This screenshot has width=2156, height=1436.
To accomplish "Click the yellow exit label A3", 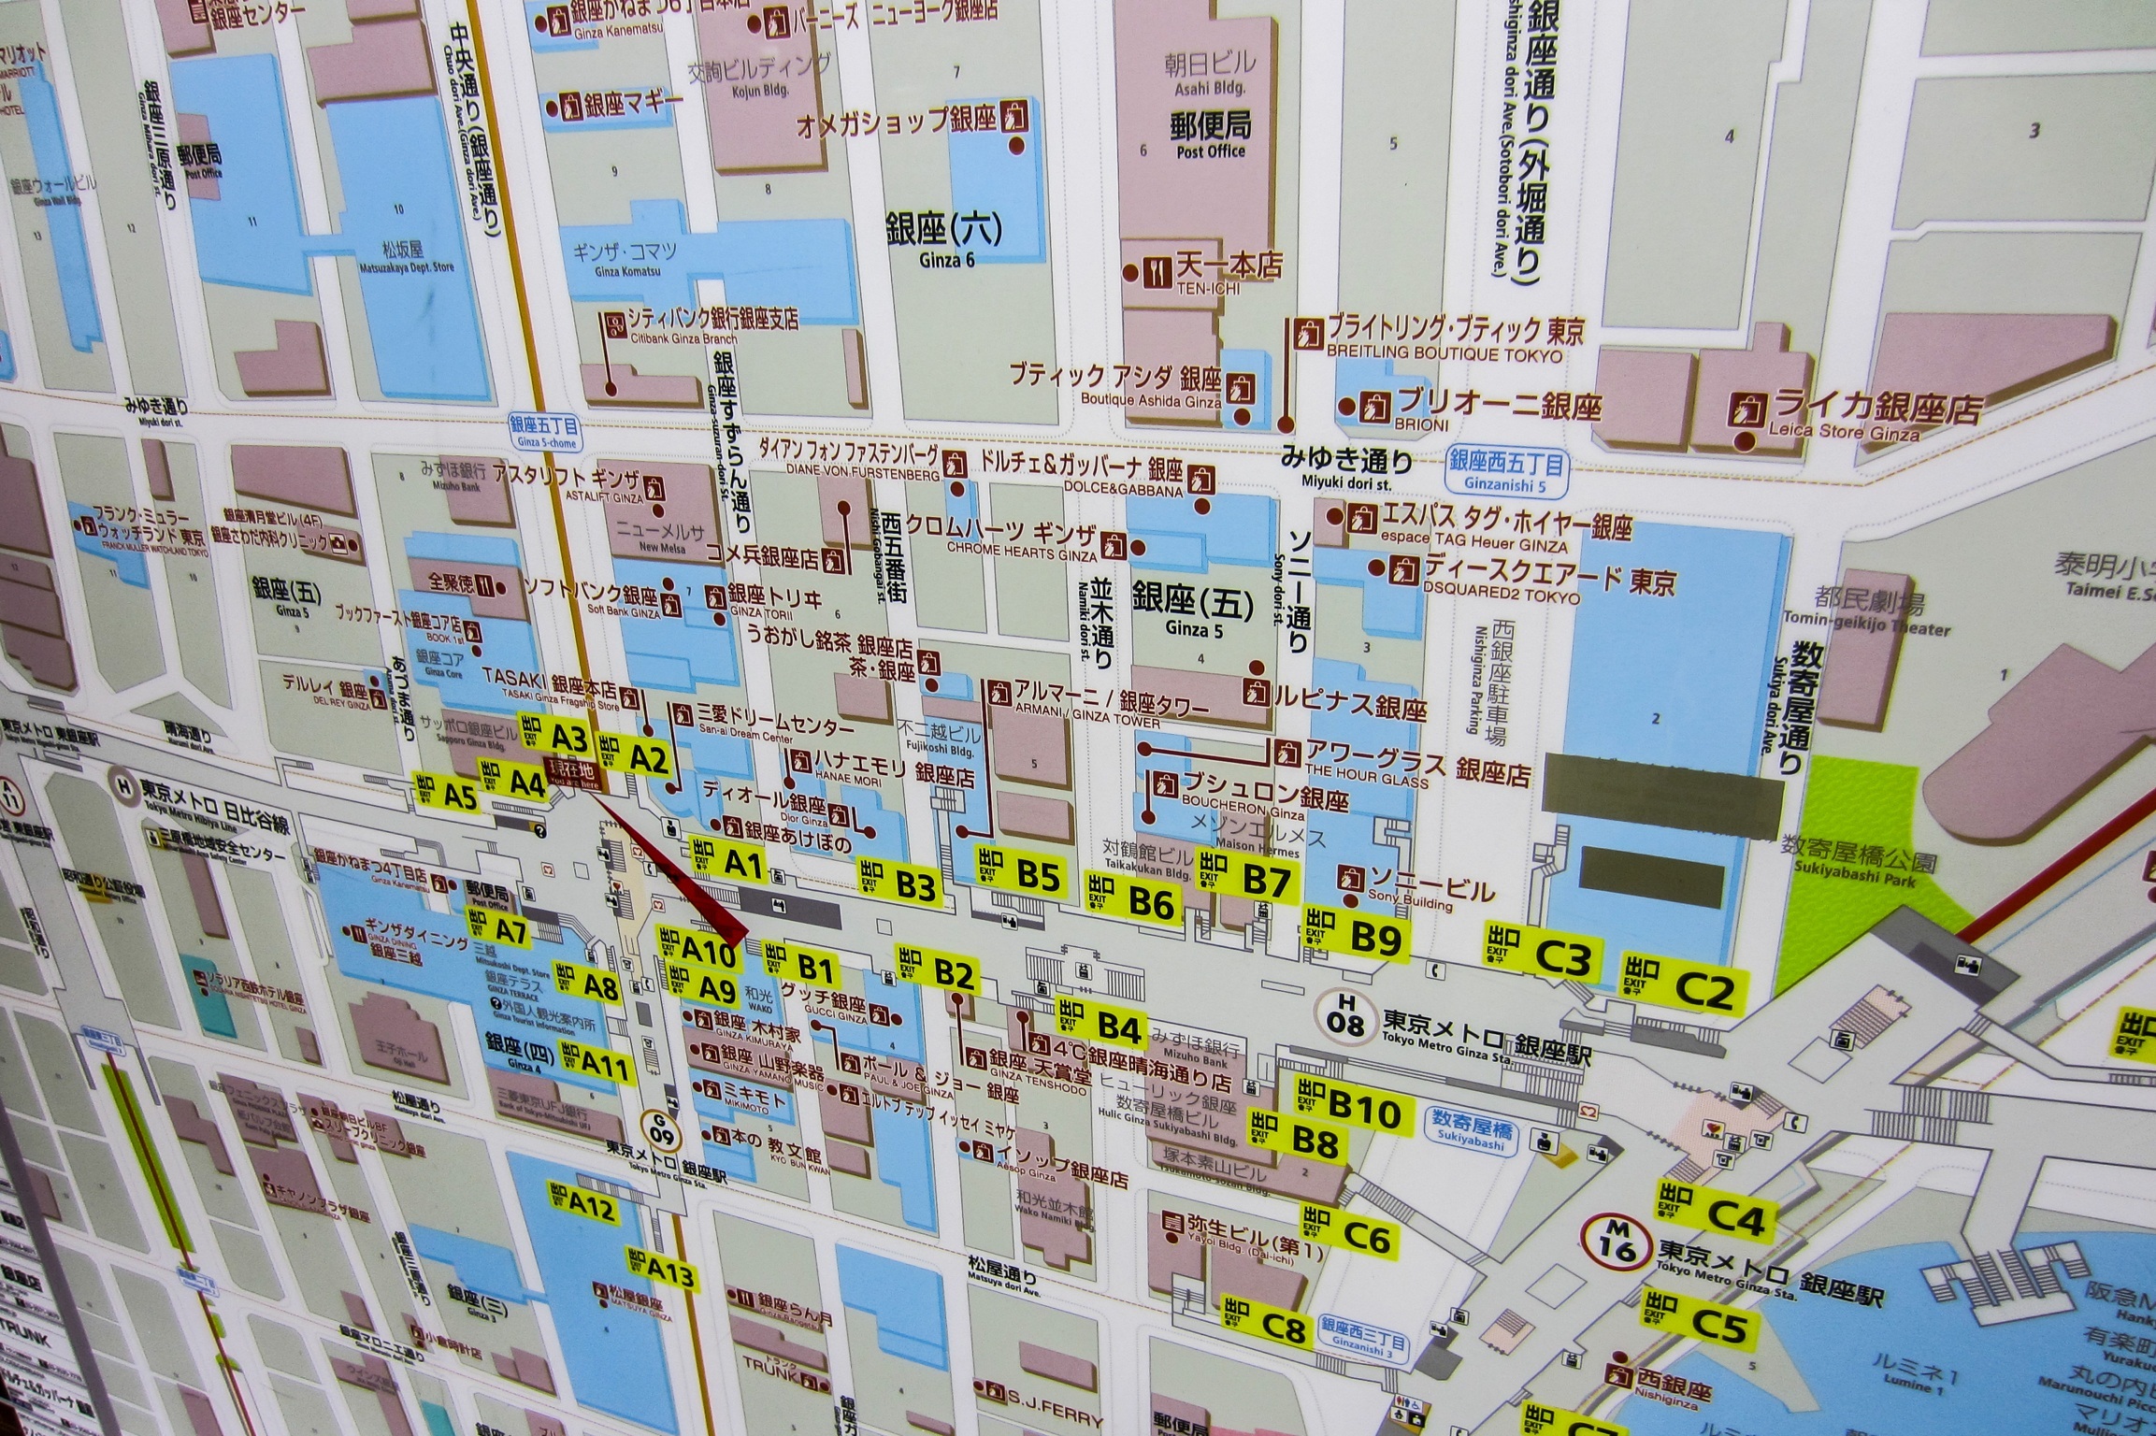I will pos(555,739).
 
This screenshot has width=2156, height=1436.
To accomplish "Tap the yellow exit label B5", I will pos(1019,875).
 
